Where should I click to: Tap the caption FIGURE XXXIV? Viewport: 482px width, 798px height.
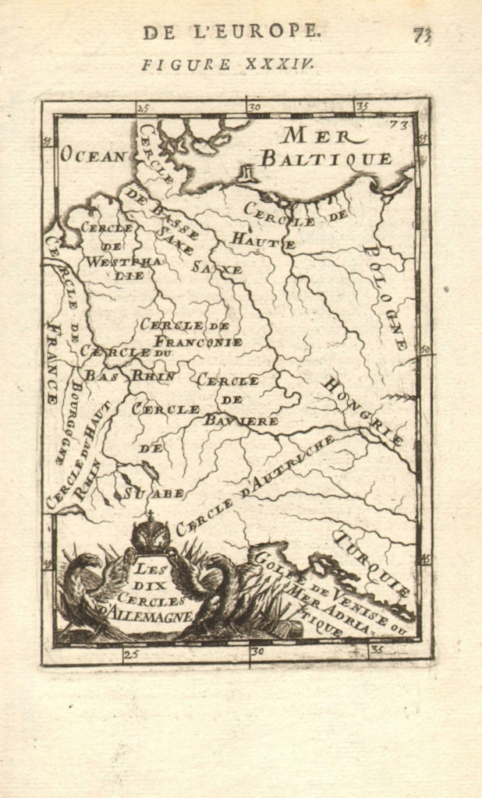[x=228, y=65]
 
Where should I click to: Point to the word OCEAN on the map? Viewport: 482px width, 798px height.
[x=93, y=155]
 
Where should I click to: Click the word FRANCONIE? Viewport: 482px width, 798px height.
[x=198, y=341]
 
